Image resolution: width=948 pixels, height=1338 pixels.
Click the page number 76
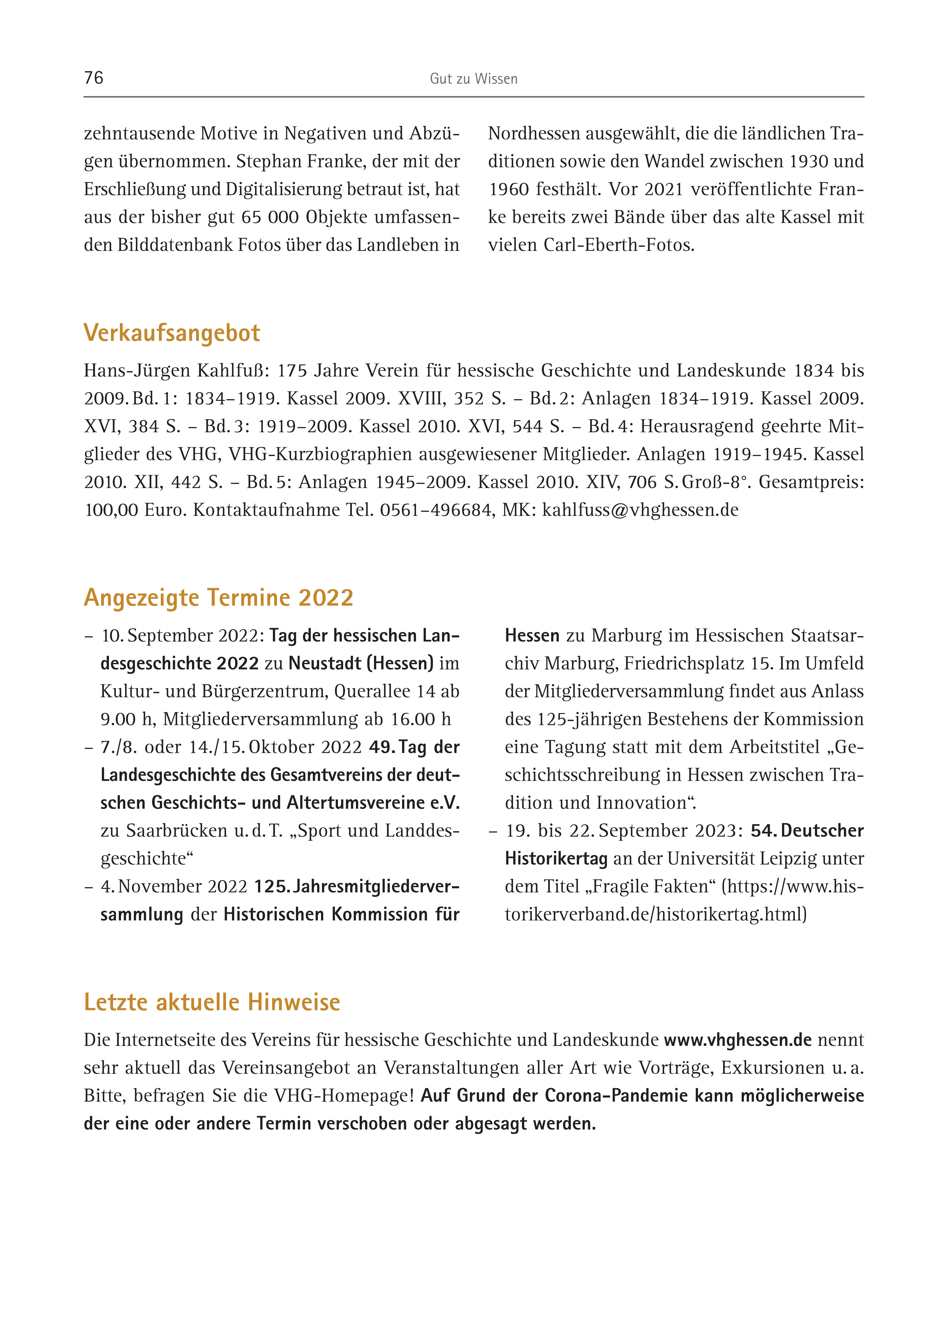[x=93, y=78]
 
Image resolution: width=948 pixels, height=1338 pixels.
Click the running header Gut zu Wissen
[x=473, y=79]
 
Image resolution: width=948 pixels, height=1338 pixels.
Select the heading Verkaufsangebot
[x=172, y=333]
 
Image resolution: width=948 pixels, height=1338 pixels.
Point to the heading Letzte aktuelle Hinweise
[x=212, y=1002]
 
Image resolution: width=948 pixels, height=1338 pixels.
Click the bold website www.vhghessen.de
[x=738, y=1040]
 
